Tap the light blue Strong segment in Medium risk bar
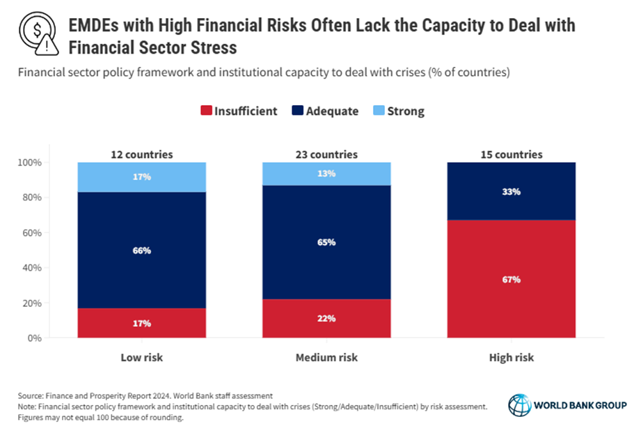326,173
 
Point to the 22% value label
326,318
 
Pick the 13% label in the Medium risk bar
326,173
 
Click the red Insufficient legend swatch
205,111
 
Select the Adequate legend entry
330,111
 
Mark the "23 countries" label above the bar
326,155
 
